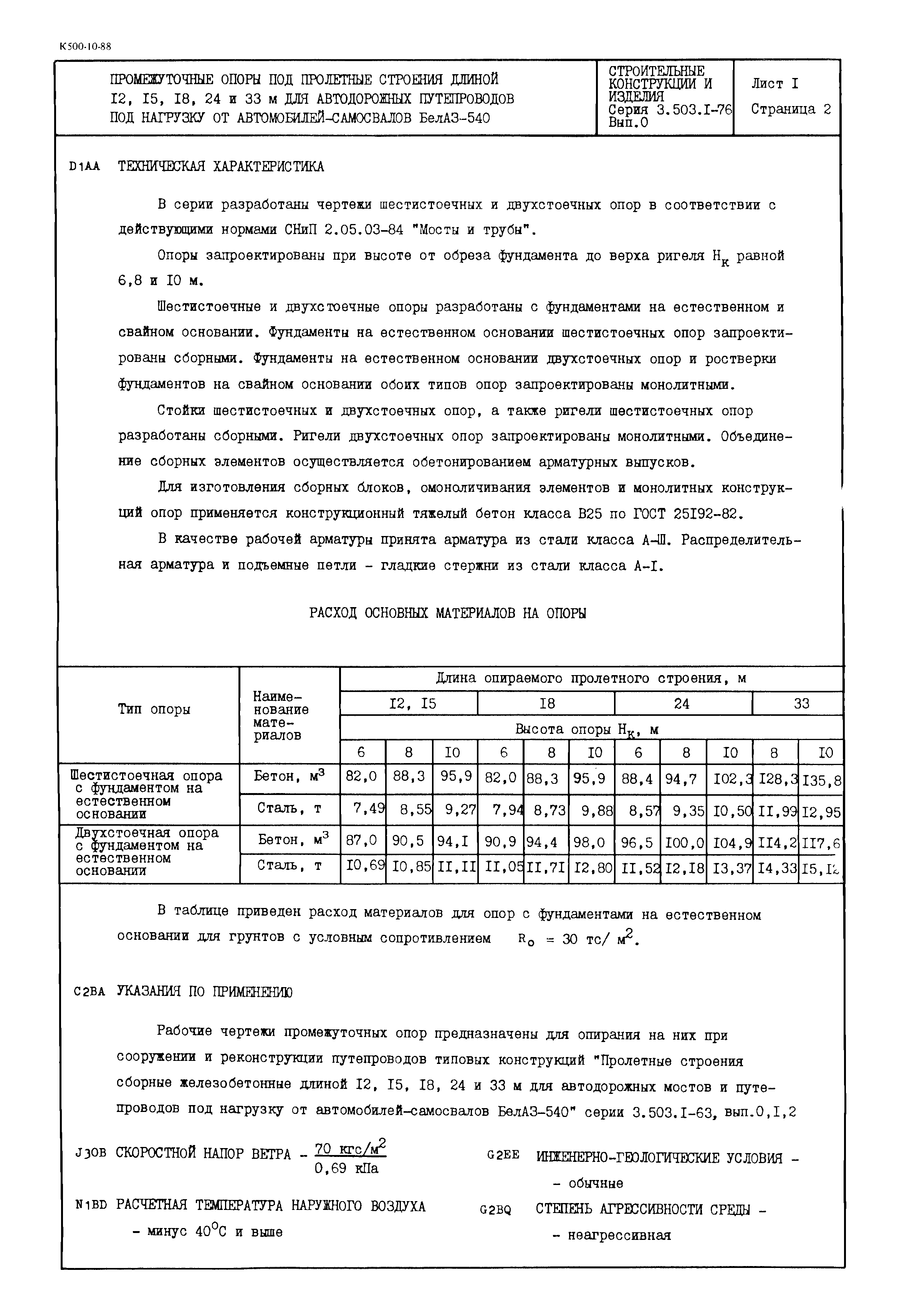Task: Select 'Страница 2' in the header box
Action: [791, 109]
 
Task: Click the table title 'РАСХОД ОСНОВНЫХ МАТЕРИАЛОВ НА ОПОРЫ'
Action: [447, 613]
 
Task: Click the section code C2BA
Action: [89, 992]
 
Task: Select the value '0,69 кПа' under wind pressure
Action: [346, 1169]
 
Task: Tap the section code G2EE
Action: [503, 1155]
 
